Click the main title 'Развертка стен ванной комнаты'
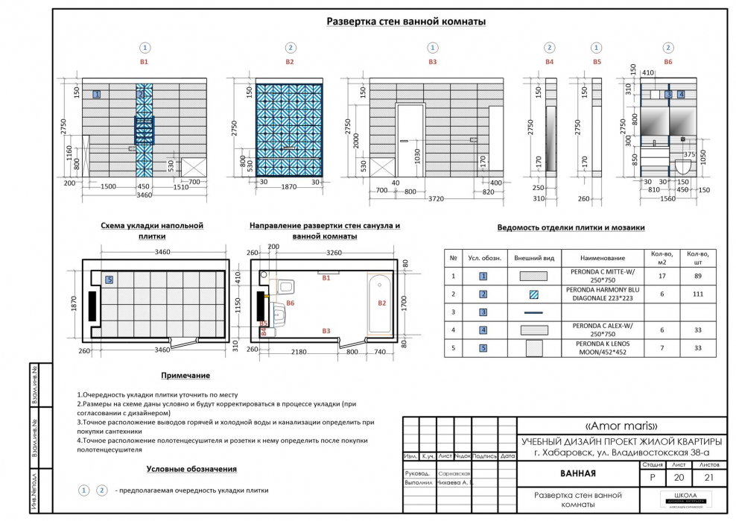coord(406,22)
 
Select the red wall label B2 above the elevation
coord(290,63)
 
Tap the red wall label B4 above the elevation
coord(549,63)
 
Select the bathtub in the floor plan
coord(380,304)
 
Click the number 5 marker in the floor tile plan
coord(109,280)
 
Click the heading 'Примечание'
coord(185,376)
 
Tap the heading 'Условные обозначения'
coord(191,469)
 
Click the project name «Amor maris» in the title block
coord(621,426)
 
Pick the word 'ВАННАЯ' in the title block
coord(577,474)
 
